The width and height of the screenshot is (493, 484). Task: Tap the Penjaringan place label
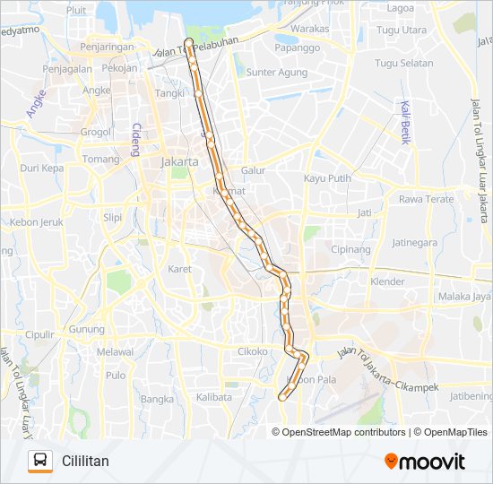[108, 45]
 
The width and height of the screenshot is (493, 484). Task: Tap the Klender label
[387, 281]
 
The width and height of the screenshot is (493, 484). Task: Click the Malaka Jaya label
[464, 297]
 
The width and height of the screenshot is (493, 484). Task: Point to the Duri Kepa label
[42, 168]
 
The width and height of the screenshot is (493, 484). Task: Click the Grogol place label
[95, 132]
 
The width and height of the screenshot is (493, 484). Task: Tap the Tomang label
[100, 160]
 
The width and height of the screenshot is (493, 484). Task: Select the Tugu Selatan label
[403, 64]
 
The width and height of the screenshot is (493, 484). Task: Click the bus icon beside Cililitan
[39, 461]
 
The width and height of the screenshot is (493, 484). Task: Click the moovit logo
[425, 461]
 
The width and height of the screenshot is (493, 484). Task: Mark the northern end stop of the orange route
[188, 42]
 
